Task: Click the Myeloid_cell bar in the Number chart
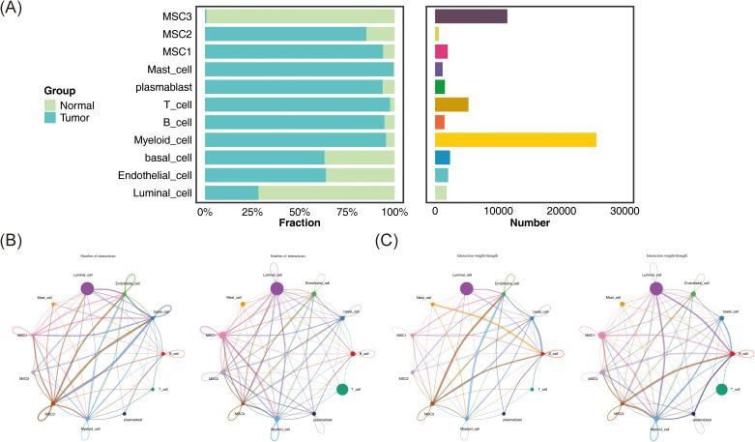point(515,139)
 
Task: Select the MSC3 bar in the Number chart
point(471,16)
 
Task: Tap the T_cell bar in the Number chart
point(451,104)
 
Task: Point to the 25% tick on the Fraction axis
point(252,210)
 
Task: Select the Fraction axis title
point(299,223)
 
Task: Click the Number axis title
point(531,223)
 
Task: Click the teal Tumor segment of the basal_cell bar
point(265,158)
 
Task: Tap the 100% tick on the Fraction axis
point(394,210)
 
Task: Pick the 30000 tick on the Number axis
point(624,210)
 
